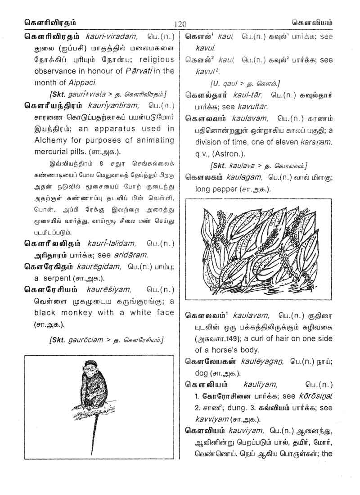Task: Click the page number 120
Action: click(179, 24)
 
